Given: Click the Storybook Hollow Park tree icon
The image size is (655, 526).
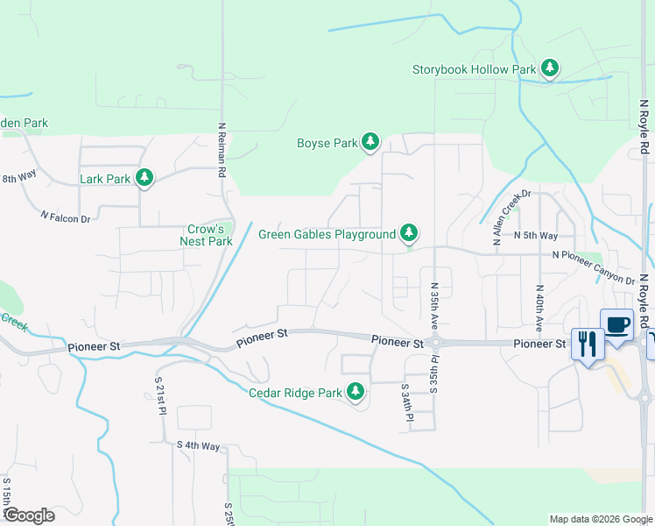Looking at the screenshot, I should tap(550, 68).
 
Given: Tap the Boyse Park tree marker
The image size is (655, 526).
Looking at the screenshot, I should tap(370, 142).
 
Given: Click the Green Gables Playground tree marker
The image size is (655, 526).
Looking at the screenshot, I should tap(408, 234).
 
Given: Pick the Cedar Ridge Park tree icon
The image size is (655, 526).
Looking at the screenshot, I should tap(356, 393).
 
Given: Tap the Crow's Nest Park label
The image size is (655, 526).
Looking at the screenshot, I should tap(207, 235).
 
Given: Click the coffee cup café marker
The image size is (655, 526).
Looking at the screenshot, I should tap(616, 324).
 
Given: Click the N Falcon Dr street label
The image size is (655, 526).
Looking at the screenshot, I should tap(66, 216).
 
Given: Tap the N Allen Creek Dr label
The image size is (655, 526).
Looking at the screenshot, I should tap(512, 217).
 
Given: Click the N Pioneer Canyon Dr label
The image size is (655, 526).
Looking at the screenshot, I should tap(593, 267).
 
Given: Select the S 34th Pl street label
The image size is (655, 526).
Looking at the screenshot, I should tap(406, 402).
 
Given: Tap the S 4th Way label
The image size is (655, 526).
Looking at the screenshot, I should tap(198, 446).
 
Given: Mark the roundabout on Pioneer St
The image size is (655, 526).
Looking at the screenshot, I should tap(433, 342).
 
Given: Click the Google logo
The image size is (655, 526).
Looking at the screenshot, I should tap(28, 515).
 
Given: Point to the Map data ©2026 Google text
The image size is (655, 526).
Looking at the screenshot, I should tap(601, 519).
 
